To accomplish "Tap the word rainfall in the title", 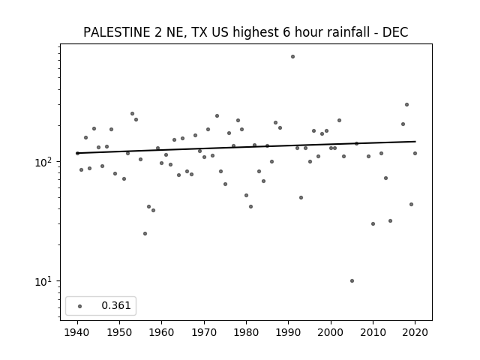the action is click(352, 32).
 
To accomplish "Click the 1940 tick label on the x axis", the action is click(77, 332).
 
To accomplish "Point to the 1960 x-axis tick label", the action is click(162, 332).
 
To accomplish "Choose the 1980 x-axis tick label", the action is click(246, 332).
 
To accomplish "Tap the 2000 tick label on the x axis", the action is click(331, 332).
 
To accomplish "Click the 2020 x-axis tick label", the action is click(415, 332).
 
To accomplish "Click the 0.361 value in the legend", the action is click(116, 305).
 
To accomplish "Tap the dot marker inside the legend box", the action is click(80, 306).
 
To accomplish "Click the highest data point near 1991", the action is click(292, 57).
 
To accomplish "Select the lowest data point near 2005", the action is click(352, 280).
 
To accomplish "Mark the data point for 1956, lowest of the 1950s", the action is click(145, 233).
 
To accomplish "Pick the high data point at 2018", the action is click(406, 105).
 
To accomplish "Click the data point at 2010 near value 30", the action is click(373, 223).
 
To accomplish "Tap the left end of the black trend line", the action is click(77, 153).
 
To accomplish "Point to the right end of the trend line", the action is click(415, 142).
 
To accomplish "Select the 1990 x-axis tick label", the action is click(288, 332).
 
